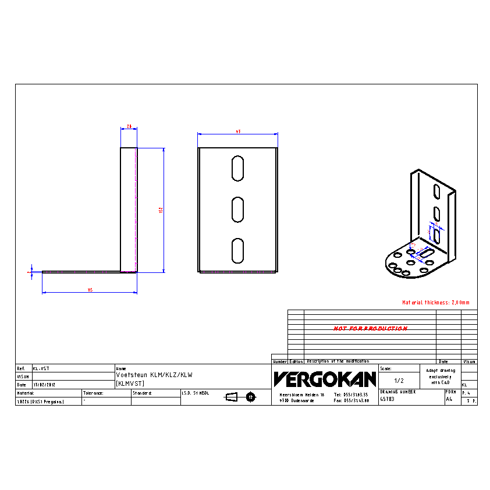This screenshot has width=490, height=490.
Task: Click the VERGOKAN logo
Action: pos(325,379)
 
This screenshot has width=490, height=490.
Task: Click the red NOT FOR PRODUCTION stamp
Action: pos(370,329)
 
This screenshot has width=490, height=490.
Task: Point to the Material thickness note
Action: pos(435,303)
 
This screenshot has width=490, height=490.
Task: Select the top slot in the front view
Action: pos(237,168)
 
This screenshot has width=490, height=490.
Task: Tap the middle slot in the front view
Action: pos(237,210)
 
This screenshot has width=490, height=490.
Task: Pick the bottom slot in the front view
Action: pos(237,250)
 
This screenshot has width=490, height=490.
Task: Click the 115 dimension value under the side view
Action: pos(90,290)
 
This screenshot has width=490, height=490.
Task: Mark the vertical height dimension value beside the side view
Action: pos(161,210)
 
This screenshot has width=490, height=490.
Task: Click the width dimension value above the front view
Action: pos(238,132)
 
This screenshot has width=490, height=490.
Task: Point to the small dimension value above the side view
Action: pos(129,126)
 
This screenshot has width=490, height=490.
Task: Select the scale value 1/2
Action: pos(399,380)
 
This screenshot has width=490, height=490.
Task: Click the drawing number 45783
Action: pos(387,399)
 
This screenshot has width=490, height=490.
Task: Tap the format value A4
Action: pos(449,399)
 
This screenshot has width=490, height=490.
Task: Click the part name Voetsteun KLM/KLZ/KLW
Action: pos(154,375)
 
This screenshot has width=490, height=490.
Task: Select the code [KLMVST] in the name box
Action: pos(130,383)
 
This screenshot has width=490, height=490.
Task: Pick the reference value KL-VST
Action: pos(41,368)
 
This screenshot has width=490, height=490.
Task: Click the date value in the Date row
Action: pos(44,385)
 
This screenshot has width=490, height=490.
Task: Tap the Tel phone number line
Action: pos(351,395)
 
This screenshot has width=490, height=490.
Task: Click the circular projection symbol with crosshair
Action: pos(251,397)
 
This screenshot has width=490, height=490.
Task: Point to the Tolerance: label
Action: pos(93,393)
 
